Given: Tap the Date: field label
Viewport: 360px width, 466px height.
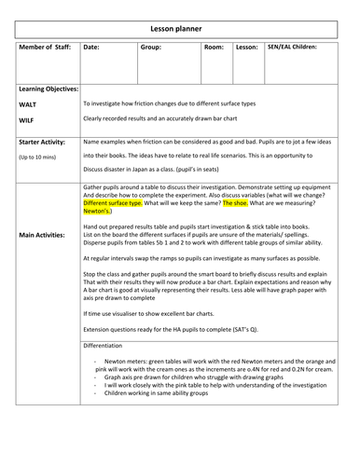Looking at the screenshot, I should [x=91, y=45].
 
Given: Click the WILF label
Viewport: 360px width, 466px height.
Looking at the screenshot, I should [x=28, y=121].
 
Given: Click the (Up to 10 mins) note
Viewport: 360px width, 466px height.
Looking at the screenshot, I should [x=38, y=158].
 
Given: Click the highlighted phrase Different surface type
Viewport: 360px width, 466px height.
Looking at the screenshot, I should [x=112, y=201].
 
